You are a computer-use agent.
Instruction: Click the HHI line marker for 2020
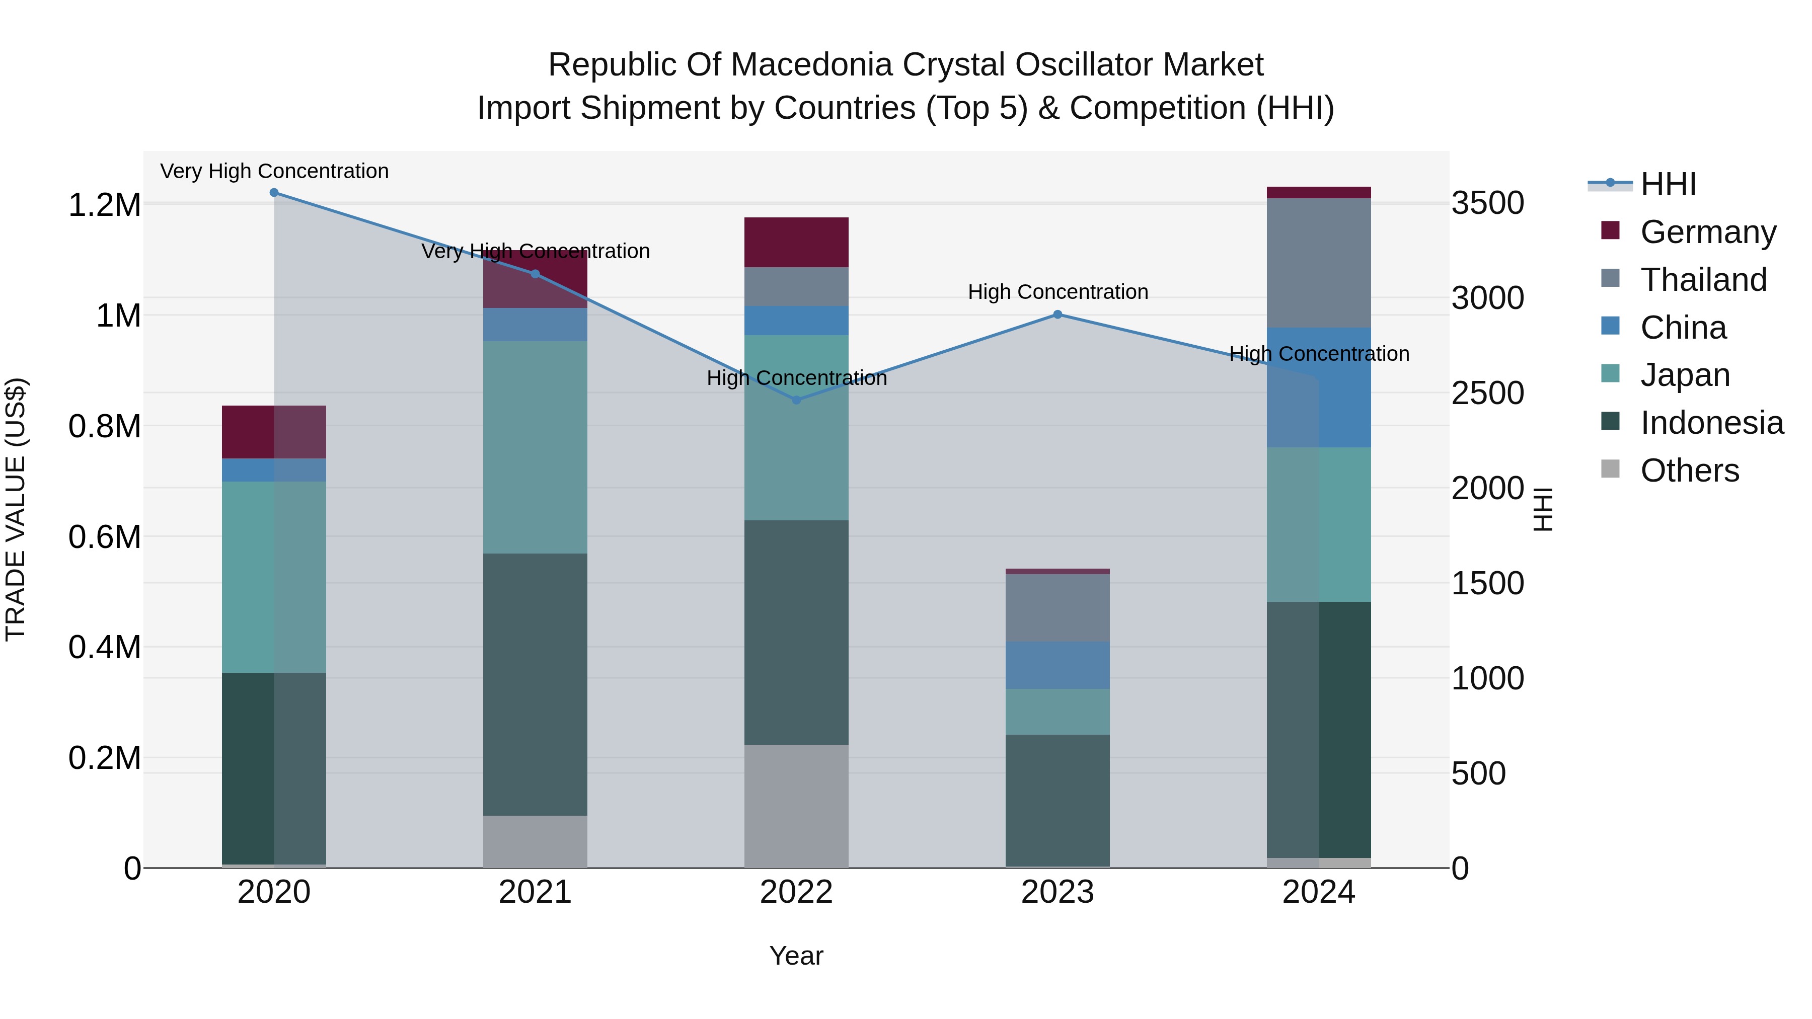tap(274, 193)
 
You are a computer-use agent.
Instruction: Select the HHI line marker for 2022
tap(796, 400)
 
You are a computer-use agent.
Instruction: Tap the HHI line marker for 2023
tap(1057, 315)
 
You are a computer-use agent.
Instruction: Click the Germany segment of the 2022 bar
tap(796, 242)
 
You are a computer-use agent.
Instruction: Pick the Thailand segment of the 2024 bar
tap(1319, 263)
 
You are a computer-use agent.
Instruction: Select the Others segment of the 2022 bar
tap(796, 806)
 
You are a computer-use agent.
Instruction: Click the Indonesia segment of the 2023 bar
tap(1057, 800)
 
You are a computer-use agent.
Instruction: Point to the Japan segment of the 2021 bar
tap(536, 447)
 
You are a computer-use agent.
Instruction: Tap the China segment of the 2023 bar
tap(1057, 665)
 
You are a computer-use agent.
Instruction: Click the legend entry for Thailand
tap(1703, 280)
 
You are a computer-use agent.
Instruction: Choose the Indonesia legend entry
tap(1711, 423)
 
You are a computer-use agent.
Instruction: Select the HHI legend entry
tap(1667, 184)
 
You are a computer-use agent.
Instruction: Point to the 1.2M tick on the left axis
tap(105, 205)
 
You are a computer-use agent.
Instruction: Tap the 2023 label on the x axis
tap(1057, 892)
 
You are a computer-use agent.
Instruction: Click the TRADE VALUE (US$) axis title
tap(16, 509)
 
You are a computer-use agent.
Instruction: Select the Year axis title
tap(796, 956)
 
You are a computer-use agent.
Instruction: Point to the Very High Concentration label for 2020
tap(274, 171)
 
